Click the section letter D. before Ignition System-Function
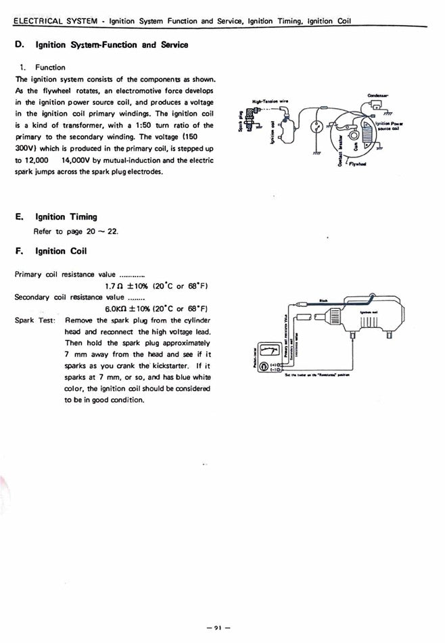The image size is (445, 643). click(20, 45)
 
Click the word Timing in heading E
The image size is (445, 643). click(83, 217)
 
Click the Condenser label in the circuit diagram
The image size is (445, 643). click(378, 95)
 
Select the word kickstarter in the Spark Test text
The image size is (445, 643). click(163, 365)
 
